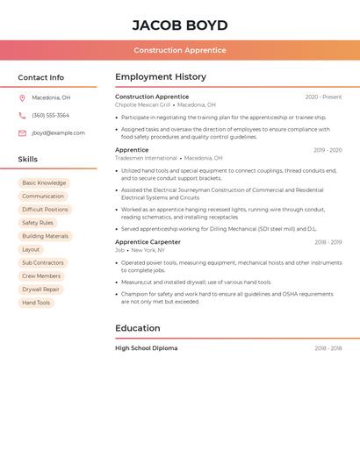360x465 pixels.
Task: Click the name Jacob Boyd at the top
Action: (180, 25)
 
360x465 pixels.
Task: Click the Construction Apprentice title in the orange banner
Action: (180, 50)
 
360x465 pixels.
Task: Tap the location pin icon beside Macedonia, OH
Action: (22, 98)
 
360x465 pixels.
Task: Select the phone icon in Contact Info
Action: (22, 116)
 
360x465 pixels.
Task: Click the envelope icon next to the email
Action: (22, 133)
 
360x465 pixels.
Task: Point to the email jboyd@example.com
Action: (58, 133)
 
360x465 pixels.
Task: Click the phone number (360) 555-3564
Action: (50, 116)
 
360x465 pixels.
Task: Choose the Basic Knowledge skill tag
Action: (44, 183)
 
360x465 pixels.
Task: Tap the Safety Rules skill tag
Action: (38, 223)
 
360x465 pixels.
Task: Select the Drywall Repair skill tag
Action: (40, 290)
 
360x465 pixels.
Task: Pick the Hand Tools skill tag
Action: (36, 303)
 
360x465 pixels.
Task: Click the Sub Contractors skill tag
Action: (43, 263)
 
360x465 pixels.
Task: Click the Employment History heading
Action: (161, 77)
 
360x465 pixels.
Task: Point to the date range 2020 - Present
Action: (323, 97)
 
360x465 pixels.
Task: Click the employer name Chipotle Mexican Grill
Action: (142, 105)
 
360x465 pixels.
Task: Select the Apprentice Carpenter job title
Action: (148, 242)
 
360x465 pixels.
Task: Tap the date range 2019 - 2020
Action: (328, 150)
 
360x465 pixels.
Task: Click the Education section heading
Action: (138, 328)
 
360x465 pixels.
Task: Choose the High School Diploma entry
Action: (146, 348)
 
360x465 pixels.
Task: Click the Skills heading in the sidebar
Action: (28, 160)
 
